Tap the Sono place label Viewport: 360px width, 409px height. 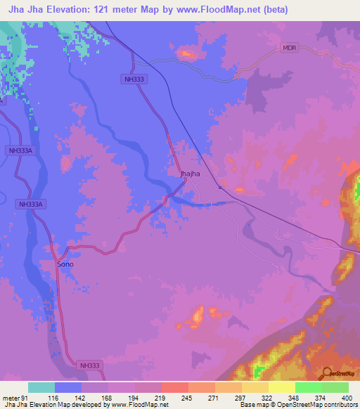65,264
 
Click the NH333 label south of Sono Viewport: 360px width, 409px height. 90,365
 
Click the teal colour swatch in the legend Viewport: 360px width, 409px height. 41,387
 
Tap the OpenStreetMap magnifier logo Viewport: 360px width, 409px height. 328,373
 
